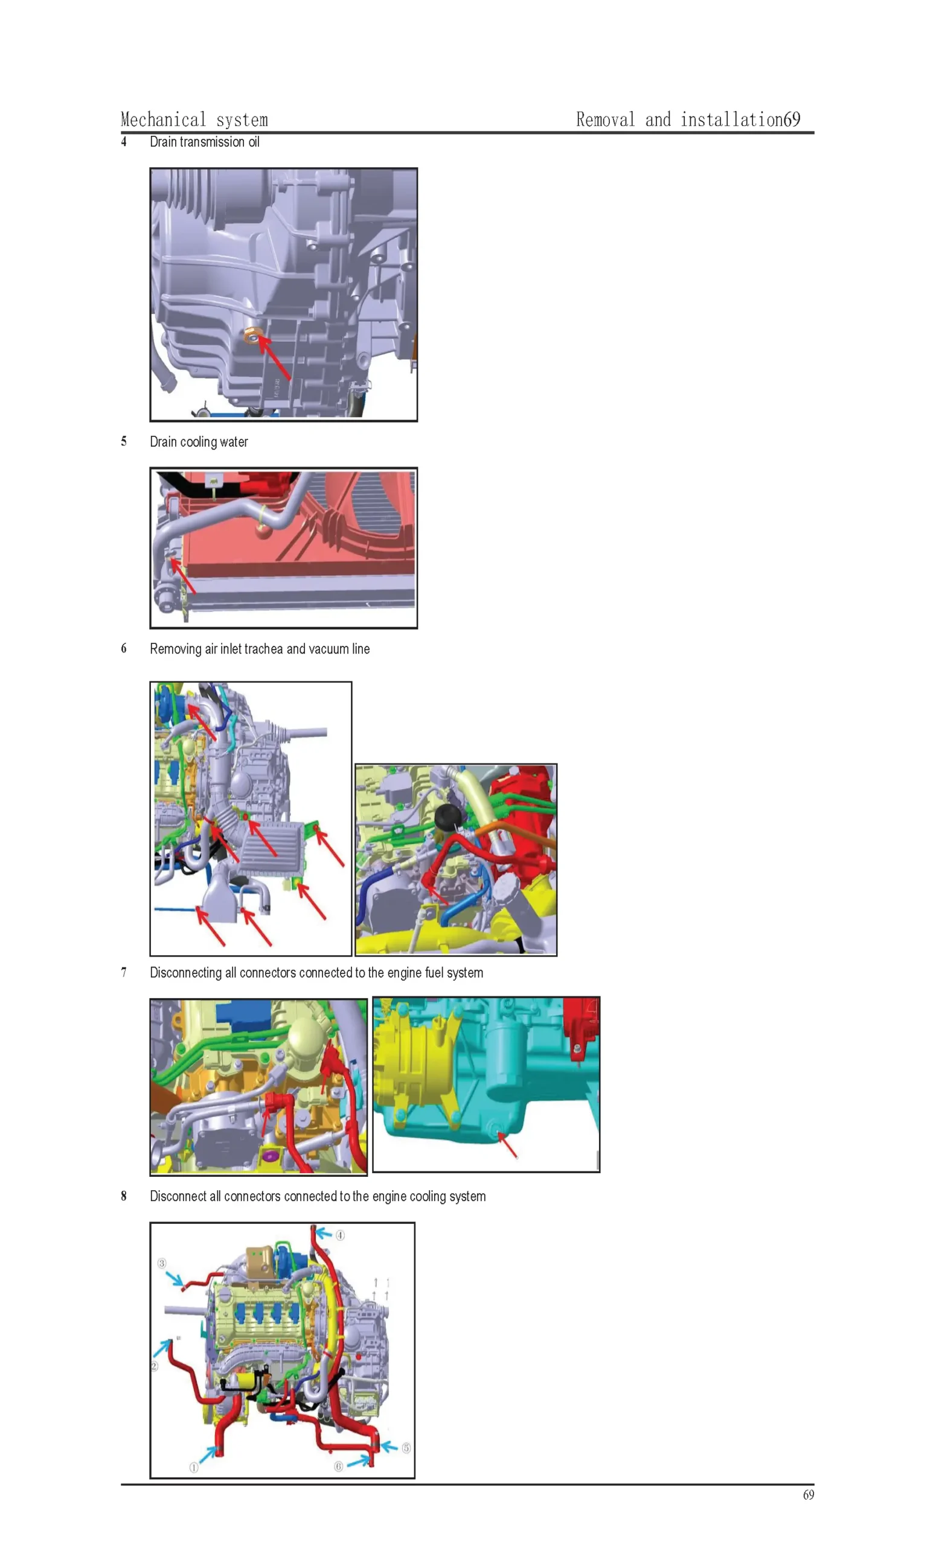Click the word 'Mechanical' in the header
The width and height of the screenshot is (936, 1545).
pos(163,119)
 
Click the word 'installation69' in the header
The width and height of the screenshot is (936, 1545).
pos(740,119)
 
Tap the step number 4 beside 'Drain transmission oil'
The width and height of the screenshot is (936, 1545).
pos(124,142)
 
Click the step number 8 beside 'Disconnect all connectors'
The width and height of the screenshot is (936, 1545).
pos(124,1196)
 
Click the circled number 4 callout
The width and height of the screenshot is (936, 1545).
pos(340,1235)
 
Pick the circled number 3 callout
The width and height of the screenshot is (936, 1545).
pos(162,1263)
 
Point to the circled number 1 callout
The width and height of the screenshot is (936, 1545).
pos(194,1467)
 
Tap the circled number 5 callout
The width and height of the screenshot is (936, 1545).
pos(406,1448)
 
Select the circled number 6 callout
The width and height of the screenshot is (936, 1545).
pos(339,1466)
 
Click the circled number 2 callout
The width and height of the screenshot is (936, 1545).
pos(155,1366)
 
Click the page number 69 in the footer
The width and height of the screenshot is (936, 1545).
pos(809,1495)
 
